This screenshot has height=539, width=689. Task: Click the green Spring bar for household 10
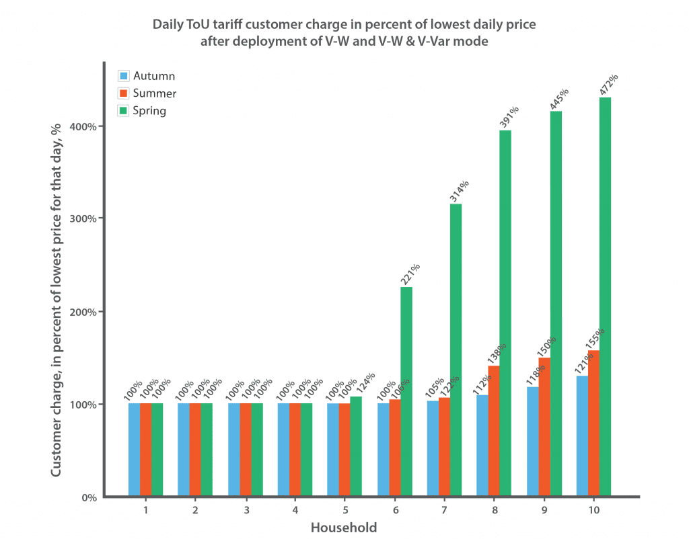(x=605, y=297)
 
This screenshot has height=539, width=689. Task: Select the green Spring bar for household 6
(x=406, y=392)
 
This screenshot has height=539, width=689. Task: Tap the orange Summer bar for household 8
(x=494, y=431)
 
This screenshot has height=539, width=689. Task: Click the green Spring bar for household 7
(x=456, y=350)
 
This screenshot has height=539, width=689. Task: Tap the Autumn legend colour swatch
(x=124, y=76)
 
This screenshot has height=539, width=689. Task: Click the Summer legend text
(x=155, y=93)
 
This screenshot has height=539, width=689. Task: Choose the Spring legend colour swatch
(x=124, y=110)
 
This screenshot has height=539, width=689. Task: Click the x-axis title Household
(x=344, y=528)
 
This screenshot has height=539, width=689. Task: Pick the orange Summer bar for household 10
(x=593, y=423)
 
